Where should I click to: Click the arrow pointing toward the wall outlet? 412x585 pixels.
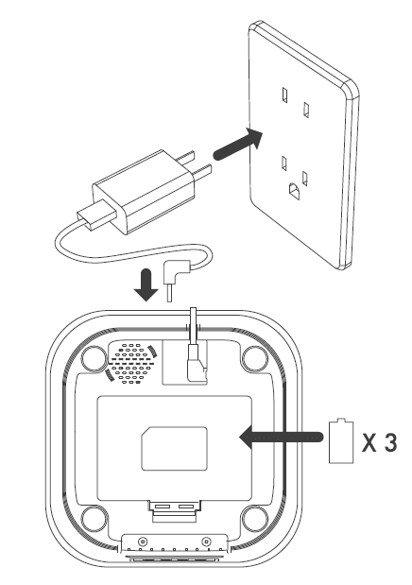[x=238, y=145]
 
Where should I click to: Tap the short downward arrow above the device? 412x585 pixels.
[x=146, y=285]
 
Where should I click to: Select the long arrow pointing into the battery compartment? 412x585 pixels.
[x=281, y=437]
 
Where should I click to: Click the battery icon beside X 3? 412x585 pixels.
[x=341, y=440]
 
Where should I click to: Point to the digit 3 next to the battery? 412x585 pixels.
[x=390, y=442]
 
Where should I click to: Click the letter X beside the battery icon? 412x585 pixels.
[x=369, y=443]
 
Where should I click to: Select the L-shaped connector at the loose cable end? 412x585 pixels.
[x=177, y=276]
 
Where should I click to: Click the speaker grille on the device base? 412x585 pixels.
[x=131, y=364]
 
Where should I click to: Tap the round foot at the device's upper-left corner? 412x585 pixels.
[x=94, y=358]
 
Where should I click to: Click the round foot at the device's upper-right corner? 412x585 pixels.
[x=255, y=358]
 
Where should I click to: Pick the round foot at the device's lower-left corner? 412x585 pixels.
[x=94, y=519]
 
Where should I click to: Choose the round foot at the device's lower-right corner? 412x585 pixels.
[x=255, y=519]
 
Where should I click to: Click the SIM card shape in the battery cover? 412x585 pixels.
[x=174, y=449]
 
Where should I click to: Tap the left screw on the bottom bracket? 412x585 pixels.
[x=142, y=541]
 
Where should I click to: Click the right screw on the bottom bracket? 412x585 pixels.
[x=206, y=541]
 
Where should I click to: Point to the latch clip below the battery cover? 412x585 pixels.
[x=174, y=510]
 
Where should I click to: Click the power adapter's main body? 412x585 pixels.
[x=144, y=192]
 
